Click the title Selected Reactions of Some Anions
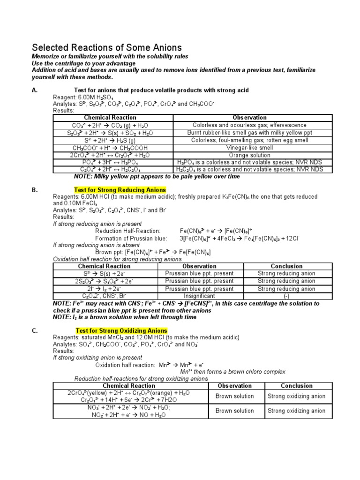click(106, 48)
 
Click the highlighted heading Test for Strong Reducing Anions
click(120, 190)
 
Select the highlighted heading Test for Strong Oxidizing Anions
click(121, 330)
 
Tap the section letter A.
click(34, 90)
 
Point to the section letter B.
click(34, 190)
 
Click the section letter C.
click(34, 330)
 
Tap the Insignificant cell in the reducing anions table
click(199, 296)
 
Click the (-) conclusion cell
click(286, 296)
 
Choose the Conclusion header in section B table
click(286, 266)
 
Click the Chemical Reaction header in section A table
click(110, 118)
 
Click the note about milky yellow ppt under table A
click(157, 177)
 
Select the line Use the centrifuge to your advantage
click(83, 63)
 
